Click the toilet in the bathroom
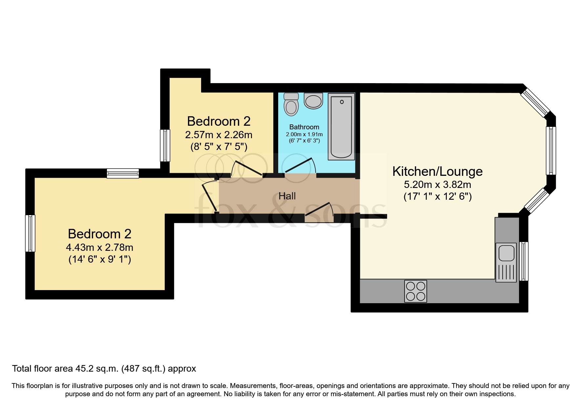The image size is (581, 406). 291,104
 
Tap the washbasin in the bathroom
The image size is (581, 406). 313,101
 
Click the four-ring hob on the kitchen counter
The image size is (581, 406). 416,291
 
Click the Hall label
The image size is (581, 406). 287,196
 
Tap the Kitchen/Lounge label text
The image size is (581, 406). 437,171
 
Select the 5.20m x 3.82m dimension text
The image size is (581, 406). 437,184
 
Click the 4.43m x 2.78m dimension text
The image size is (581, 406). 99,247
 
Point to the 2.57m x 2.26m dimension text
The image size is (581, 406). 218,135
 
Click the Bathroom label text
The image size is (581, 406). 304,127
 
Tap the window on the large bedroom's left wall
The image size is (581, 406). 30,233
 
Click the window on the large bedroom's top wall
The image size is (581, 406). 123,173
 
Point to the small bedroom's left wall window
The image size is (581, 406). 165,145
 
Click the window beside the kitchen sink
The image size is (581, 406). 524,261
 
